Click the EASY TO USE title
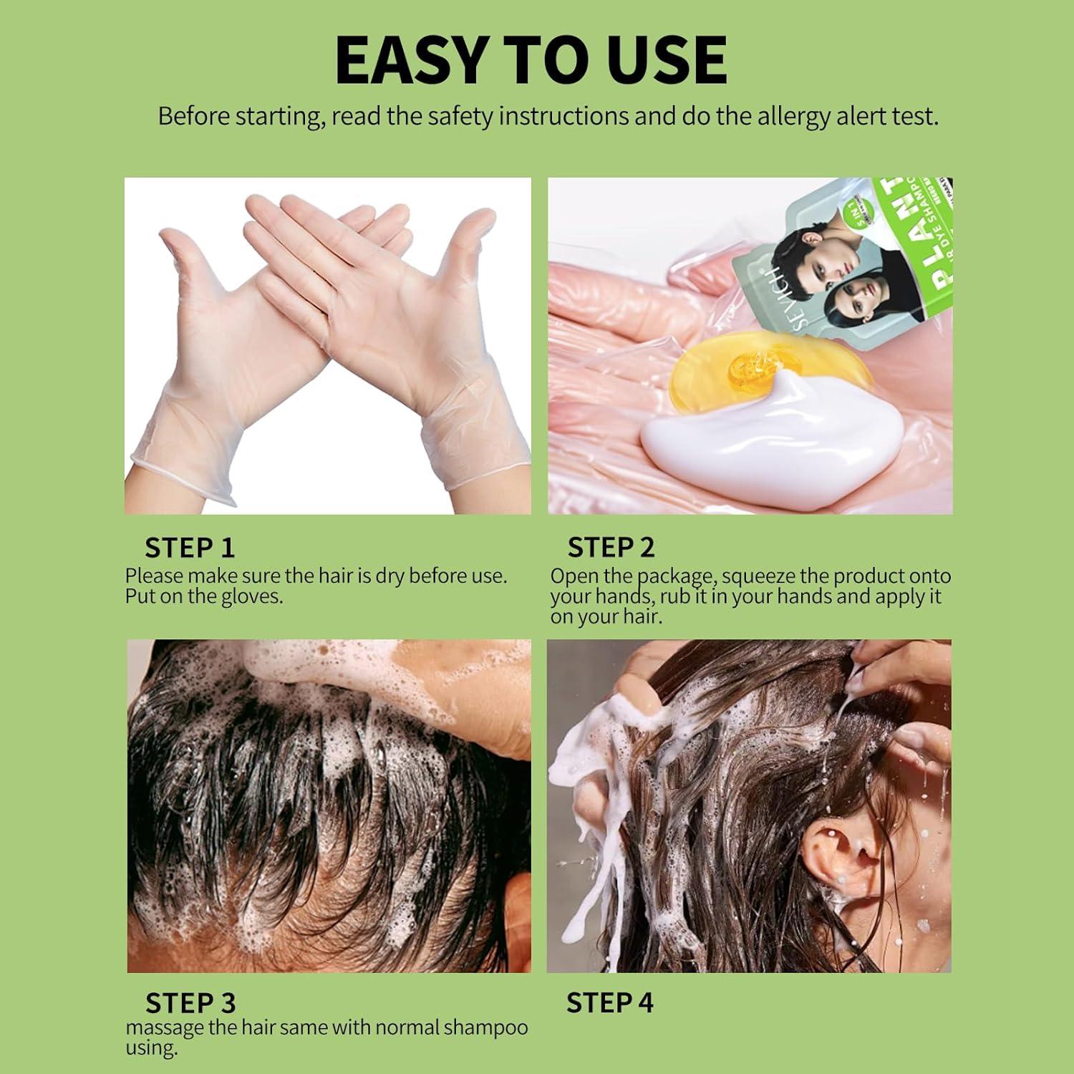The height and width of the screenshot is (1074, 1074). point(531,60)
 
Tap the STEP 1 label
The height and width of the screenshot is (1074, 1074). point(190,548)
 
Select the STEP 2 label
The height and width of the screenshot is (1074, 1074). point(611,548)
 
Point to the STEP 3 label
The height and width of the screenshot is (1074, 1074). point(190,1003)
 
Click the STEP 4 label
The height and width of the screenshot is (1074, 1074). point(609,1002)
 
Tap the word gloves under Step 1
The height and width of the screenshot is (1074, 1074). point(251,596)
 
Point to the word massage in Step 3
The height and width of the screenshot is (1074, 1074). point(165,1028)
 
